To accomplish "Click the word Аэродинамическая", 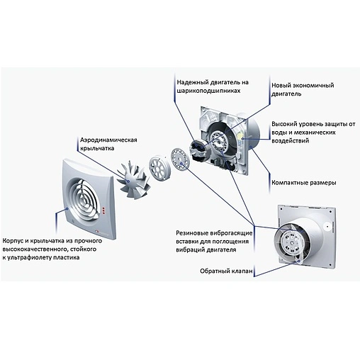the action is coord(108,140).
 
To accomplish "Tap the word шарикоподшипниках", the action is coord(208,91).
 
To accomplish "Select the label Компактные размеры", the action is coord(304,183).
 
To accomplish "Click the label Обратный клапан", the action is coord(226,271).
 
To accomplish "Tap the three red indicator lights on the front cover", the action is coord(103,211).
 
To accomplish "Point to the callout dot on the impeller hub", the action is coord(128,181).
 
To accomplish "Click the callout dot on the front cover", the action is coord(67,209).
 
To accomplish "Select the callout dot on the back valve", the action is coord(299,261).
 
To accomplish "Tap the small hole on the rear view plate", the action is coord(327,226).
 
